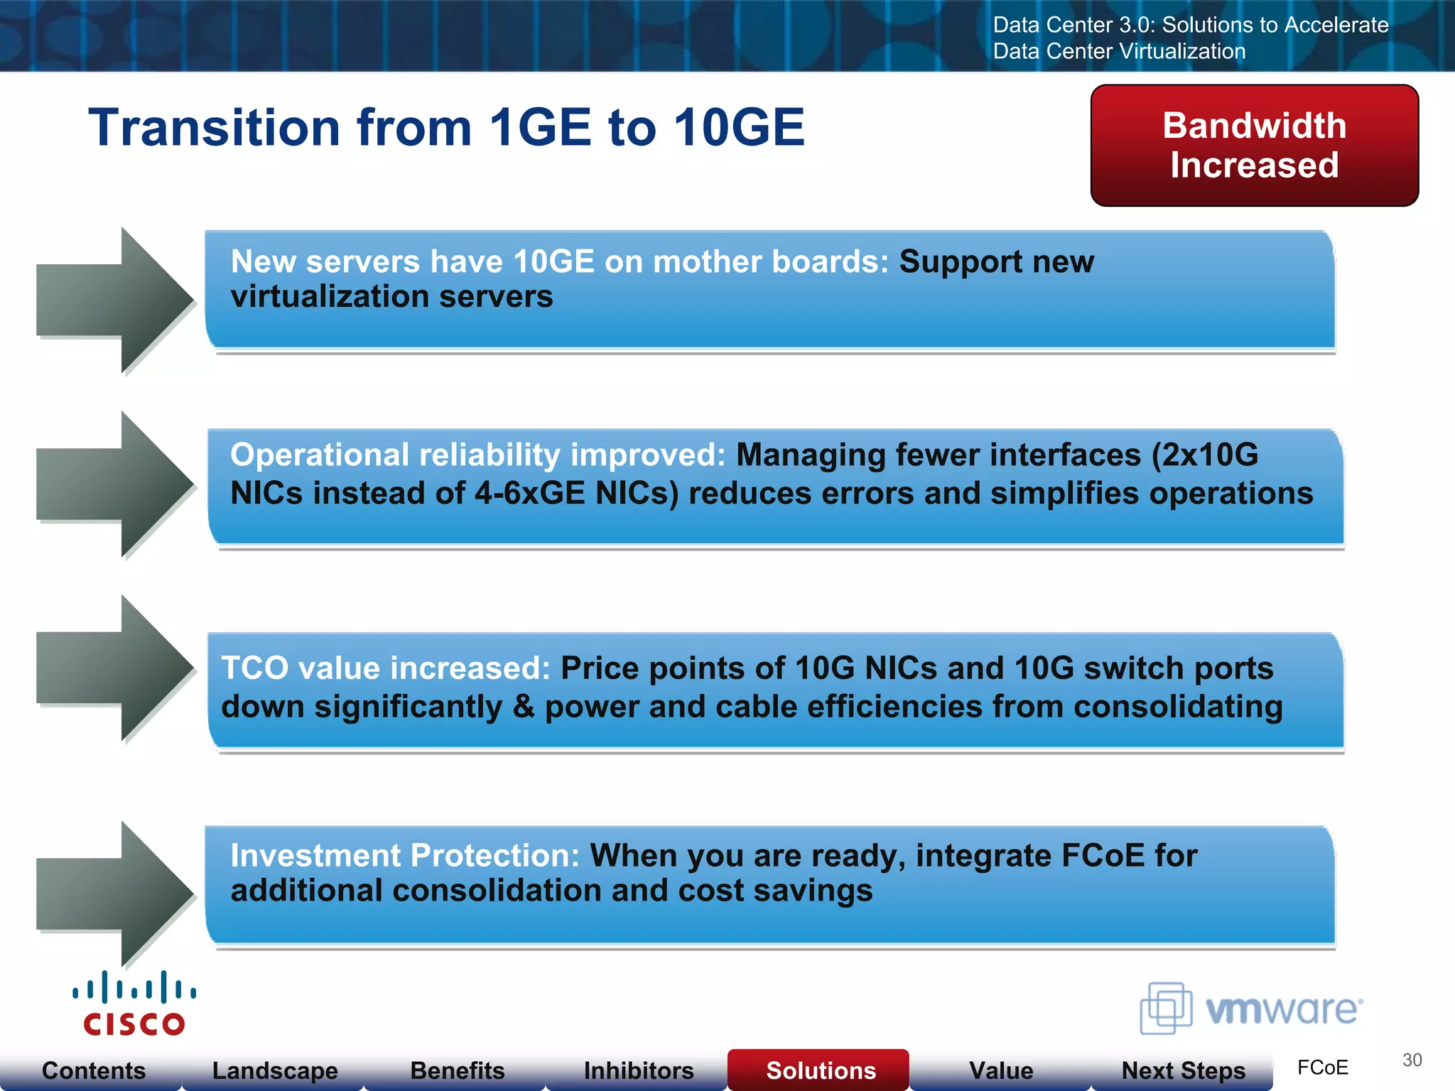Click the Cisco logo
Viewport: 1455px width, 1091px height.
click(x=134, y=1003)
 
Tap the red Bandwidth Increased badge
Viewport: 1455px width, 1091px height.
click(x=1254, y=146)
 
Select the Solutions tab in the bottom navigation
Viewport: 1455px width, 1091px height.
click(x=821, y=1070)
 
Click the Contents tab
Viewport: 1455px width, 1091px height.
click(x=93, y=1070)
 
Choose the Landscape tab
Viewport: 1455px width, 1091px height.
click(x=275, y=1070)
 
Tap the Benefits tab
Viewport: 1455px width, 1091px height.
click(x=458, y=1070)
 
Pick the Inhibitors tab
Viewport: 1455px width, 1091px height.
click(x=639, y=1070)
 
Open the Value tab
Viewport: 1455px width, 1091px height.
click(x=1001, y=1070)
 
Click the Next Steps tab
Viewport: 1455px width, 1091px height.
click(x=1183, y=1070)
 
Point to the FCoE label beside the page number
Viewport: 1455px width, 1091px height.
click(x=1322, y=1068)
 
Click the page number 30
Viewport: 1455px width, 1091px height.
click(x=1412, y=1060)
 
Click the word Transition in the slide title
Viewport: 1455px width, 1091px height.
click(x=214, y=128)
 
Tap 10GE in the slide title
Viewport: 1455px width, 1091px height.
click(x=739, y=128)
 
